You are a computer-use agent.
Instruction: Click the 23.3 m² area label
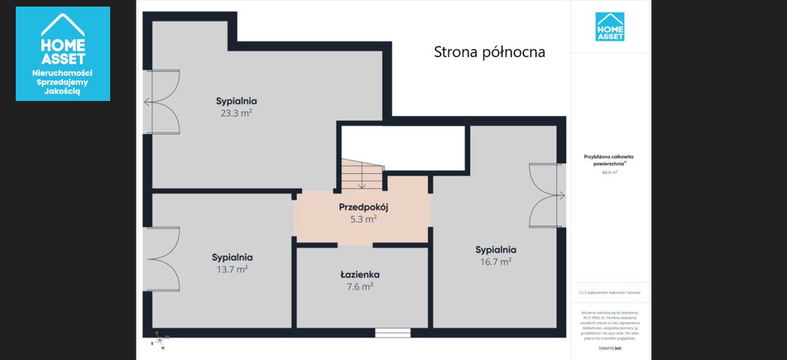(236, 113)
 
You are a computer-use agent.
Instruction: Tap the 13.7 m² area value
(232, 270)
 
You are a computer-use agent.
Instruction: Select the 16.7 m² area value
(495, 262)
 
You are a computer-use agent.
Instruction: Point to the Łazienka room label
(359, 275)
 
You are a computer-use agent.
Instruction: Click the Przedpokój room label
(363, 207)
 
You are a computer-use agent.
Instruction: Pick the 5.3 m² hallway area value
(363, 220)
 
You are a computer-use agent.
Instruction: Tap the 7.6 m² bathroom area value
(359, 287)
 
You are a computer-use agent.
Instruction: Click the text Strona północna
(489, 52)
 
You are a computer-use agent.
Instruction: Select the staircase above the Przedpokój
(361, 176)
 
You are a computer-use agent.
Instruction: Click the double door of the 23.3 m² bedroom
(161, 102)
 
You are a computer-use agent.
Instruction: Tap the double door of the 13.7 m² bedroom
(161, 258)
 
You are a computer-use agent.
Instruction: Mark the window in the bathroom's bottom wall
(392, 333)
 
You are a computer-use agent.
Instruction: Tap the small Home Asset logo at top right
(609, 27)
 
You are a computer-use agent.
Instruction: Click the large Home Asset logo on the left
(63, 54)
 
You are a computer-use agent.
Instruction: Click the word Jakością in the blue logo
(62, 92)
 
